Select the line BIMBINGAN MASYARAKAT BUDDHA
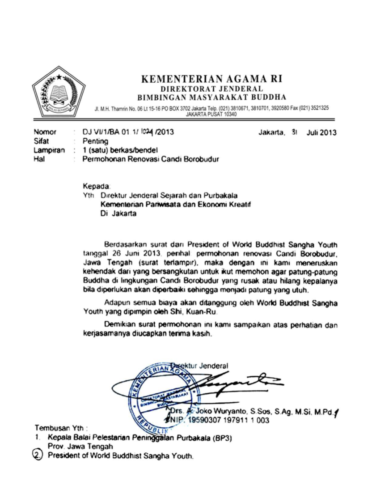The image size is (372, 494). coord(212,97)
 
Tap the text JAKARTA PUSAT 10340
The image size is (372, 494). coord(211,114)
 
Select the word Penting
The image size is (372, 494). coord(97,141)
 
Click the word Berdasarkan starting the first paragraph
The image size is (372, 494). coord(127,245)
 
